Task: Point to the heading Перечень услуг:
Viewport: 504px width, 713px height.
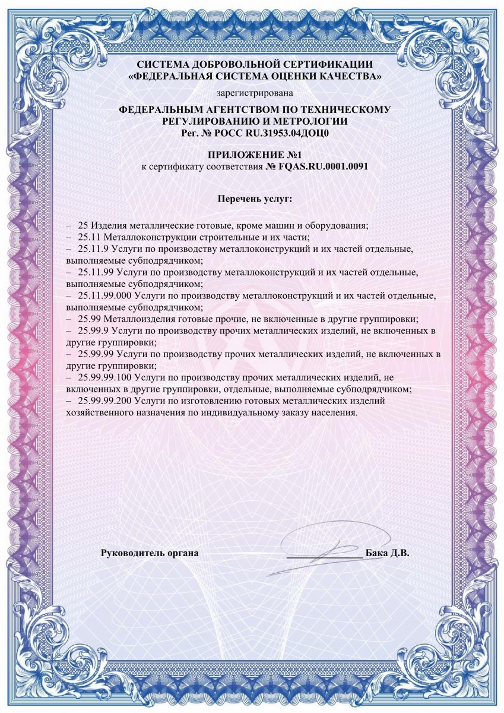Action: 255,197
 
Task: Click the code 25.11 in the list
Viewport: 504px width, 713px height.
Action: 89,236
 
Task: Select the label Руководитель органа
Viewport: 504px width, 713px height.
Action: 150,553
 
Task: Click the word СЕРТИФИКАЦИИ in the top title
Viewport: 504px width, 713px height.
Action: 325,64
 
